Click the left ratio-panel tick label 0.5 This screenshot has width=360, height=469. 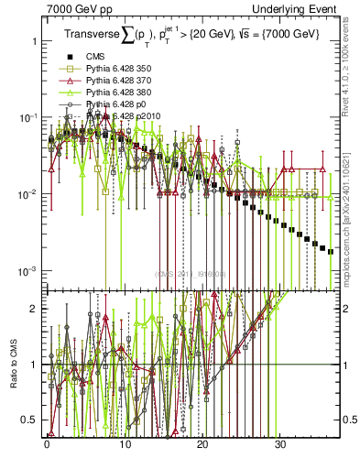[x=30, y=420]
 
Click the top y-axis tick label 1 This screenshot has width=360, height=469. [x=34, y=41]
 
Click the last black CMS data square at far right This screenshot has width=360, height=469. [x=331, y=251]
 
